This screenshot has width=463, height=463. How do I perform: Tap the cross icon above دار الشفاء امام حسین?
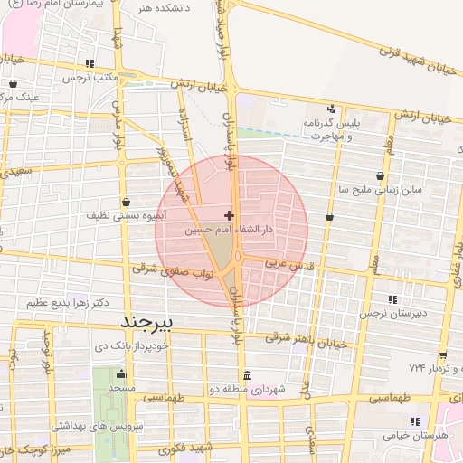pyautogui.click(x=229, y=215)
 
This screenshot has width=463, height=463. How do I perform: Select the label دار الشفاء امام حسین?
pyautogui.click(x=229, y=231)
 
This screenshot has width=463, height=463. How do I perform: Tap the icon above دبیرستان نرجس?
pyautogui.click(x=392, y=299)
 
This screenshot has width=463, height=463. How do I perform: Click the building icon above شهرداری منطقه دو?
pyautogui.click(x=247, y=376)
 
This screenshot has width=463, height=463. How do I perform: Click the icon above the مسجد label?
pyautogui.click(x=121, y=374)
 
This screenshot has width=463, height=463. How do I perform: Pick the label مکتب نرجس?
pyautogui.click(x=90, y=78)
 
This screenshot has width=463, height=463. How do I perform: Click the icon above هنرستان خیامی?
pyautogui.click(x=415, y=421)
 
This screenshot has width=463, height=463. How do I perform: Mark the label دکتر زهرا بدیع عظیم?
pyautogui.click(x=62, y=302)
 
